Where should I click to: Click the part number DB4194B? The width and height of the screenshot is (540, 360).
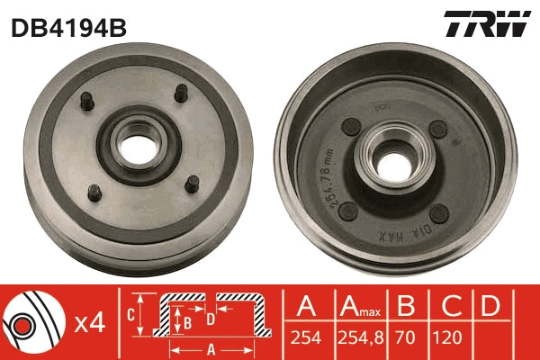[68, 28]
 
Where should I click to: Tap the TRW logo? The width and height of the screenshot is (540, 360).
[487, 25]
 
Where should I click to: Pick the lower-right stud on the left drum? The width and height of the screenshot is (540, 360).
[190, 183]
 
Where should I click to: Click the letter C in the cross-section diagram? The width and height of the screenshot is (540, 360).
[132, 314]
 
